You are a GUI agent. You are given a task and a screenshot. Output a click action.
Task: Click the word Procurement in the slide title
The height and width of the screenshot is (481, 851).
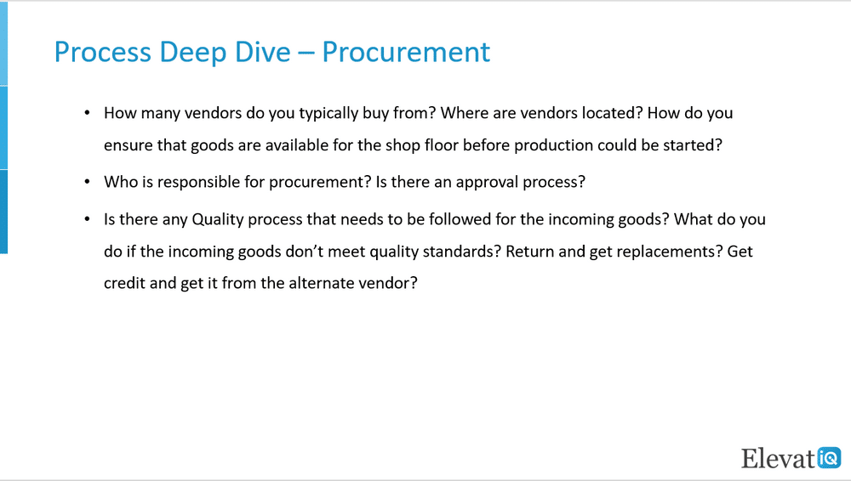tap(406, 52)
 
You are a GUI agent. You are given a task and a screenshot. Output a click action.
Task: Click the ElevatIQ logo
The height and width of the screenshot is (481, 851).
tap(791, 458)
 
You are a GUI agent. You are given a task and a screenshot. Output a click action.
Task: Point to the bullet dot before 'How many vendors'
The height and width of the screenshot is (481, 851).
tap(87, 113)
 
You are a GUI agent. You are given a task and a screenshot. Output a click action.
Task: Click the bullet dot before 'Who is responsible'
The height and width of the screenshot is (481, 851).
tap(87, 182)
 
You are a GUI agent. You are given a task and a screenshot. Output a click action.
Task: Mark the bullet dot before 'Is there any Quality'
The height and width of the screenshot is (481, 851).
tap(87, 219)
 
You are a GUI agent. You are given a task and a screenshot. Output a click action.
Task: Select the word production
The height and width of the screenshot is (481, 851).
tap(554, 146)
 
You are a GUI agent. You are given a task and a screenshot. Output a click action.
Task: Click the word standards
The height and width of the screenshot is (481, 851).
tap(461, 252)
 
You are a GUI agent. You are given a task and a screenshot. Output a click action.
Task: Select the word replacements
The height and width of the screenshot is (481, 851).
tap(670, 252)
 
